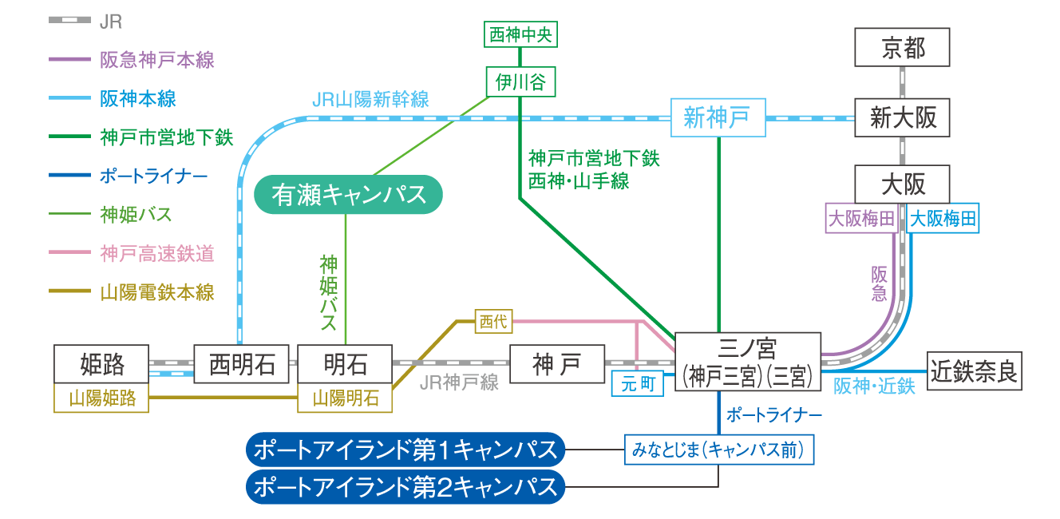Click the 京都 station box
click(903, 48)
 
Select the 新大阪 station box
click(903, 118)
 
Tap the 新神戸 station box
click(717, 118)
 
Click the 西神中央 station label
click(520, 34)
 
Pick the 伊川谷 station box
click(520, 81)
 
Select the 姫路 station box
click(102, 364)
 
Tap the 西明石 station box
click(242, 364)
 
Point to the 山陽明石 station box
click(346, 398)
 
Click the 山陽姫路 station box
click(102, 398)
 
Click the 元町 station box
click(637, 384)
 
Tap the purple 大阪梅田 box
click(860, 219)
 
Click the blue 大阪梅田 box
click(943, 219)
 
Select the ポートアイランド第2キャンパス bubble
click(405, 486)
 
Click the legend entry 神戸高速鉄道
click(157, 254)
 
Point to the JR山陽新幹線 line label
click(371, 100)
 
